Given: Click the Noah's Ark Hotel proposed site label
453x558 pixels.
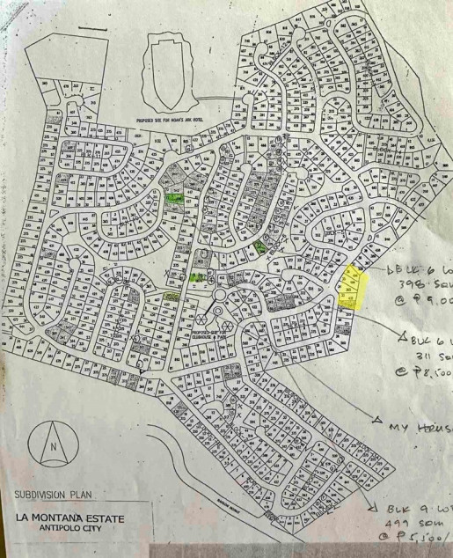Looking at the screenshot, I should (x=180, y=116).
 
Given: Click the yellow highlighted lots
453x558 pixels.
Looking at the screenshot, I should (x=353, y=286).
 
